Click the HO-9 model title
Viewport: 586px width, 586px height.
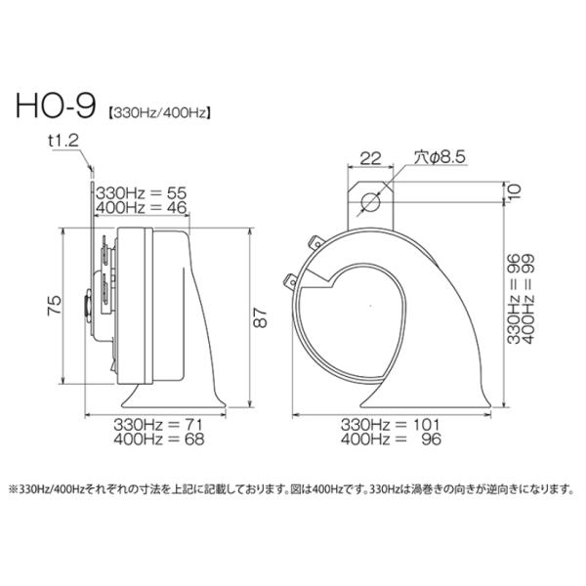tap(56, 105)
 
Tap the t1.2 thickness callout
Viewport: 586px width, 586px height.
tap(63, 141)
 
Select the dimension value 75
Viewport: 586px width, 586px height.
tap(54, 306)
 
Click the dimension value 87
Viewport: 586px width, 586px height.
tap(261, 317)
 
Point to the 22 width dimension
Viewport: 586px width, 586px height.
tap(370, 158)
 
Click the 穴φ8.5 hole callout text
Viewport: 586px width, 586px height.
tap(439, 157)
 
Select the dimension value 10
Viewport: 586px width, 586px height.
tap(515, 192)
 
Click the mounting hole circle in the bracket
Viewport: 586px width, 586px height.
tap(370, 202)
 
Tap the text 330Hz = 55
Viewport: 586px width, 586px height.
tap(142, 193)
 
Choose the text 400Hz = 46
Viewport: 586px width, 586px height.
tap(142, 208)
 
